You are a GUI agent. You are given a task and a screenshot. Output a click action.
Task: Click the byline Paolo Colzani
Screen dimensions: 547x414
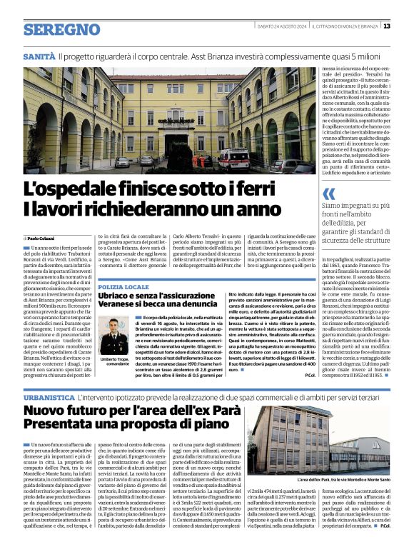(x=42, y=238)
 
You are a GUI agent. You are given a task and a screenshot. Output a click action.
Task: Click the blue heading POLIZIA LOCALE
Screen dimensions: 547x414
(x=123, y=286)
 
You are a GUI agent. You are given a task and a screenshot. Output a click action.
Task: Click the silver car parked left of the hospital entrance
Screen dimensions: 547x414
(x=123, y=162)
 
